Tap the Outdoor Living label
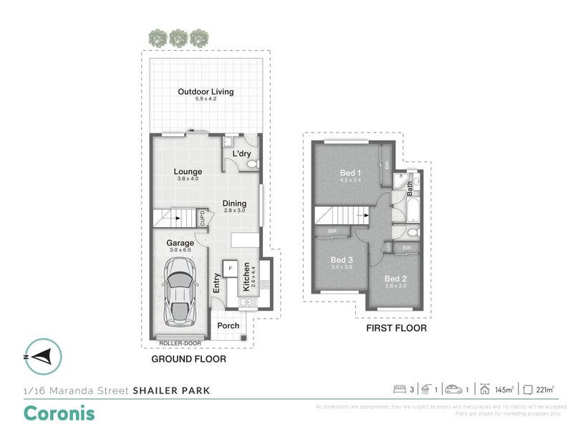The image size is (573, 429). point(206,92)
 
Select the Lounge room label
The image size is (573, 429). point(188,171)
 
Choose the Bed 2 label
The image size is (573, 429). point(396,278)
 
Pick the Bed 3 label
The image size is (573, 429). point(342,259)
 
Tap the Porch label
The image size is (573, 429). point(228,326)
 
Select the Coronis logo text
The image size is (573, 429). point(59,413)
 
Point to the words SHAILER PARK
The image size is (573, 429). point(171,390)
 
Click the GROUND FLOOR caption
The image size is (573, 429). point(188,360)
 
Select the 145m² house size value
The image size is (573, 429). point(504,390)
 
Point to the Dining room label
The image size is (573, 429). point(234,203)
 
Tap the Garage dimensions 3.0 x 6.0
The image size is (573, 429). point(180,251)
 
